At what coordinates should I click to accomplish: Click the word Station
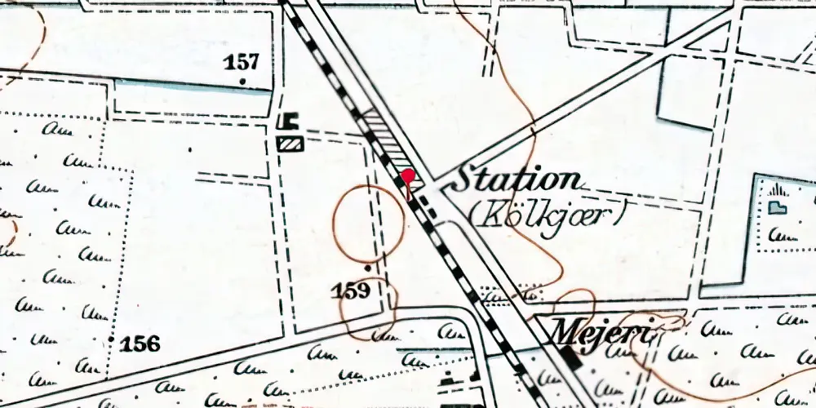[516, 180]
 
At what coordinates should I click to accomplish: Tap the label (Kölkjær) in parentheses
[548, 214]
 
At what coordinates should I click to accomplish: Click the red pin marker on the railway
[408, 176]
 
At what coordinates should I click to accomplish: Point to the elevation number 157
[243, 62]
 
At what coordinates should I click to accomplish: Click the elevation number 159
[352, 290]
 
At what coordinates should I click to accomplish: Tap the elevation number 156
[140, 344]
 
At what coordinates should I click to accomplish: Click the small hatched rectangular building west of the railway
[290, 144]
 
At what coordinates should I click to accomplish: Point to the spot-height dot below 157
[243, 81]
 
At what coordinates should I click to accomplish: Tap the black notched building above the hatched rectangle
[286, 122]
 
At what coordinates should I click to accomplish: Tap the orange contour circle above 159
[368, 221]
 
